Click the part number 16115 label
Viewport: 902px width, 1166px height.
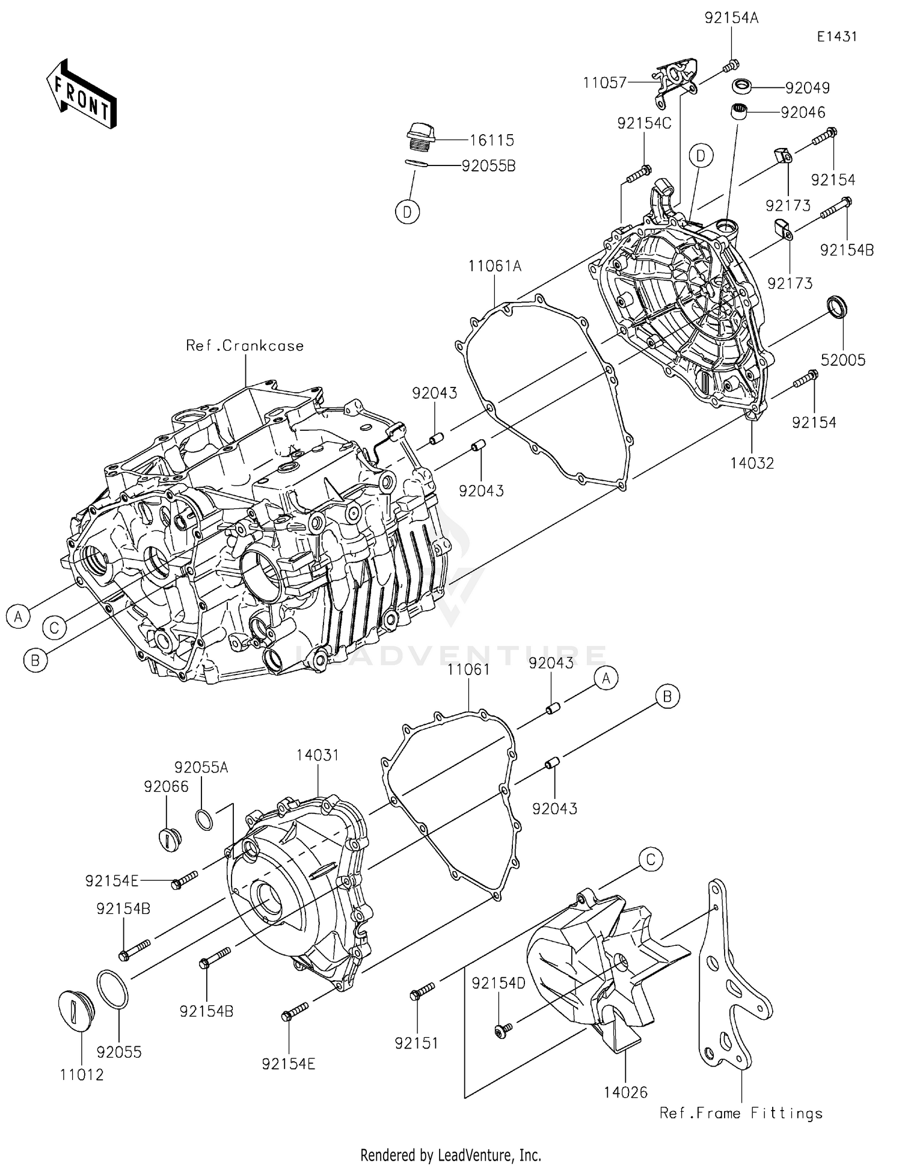tap(491, 141)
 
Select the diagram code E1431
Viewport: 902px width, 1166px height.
tap(836, 37)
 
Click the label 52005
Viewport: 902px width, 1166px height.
tap(843, 360)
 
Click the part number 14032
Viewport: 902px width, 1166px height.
tap(752, 463)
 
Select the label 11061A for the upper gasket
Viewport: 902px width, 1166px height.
tap(495, 266)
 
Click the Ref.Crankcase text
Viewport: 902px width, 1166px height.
tap(245, 346)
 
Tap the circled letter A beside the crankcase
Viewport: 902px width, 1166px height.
tap(19, 617)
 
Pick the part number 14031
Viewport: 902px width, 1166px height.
tap(317, 756)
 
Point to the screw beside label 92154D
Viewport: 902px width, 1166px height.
tap(502, 1031)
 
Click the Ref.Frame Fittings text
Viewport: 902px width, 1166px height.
tap(740, 1114)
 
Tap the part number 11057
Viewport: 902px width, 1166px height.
tap(604, 83)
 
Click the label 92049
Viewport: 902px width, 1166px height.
tap(807, 88)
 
